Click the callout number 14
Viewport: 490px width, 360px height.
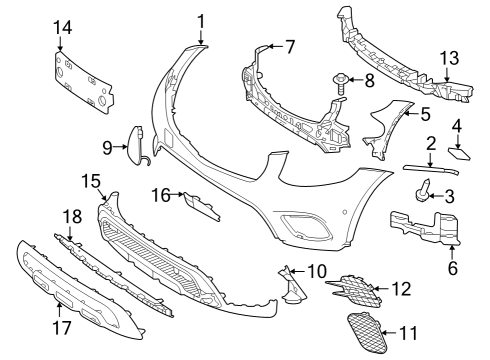pyautogui.click(x=63, y=27)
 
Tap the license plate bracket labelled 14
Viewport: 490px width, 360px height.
pyautogui.click(x=83, y=81)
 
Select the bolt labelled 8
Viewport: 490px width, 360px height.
pyautogui.click(x=340, y=84)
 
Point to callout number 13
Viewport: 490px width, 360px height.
pyautogui.click(x=450, y=58)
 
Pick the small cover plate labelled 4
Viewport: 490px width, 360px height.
pyautogui.click(x=460, y=153)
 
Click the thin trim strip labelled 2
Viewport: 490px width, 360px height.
pyautogui.click(x=431, y=169)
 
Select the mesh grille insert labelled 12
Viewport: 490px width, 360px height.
pyautogui.click(x=354, y=289)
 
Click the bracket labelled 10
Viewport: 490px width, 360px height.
pyautogui.click(x=293, y=284)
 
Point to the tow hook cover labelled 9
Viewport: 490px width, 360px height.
pyautogui.click(x=136, y=145)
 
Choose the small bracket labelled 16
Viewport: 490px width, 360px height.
pyautogui.click(x=202, y=206)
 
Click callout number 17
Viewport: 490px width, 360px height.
pyautogui.click(x=62, y=328)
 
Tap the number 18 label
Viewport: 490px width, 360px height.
pyautogui.click(x=73, y=217)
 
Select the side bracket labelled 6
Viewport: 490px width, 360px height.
pyautogui.click(x=425, y=227)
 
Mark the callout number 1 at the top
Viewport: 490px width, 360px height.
pyautogui.click(x=201, y=21)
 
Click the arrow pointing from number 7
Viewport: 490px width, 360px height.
pyautogui.click(x=275, y=46)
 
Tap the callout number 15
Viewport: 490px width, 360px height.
pyautogui.click(x=91, y=181)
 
